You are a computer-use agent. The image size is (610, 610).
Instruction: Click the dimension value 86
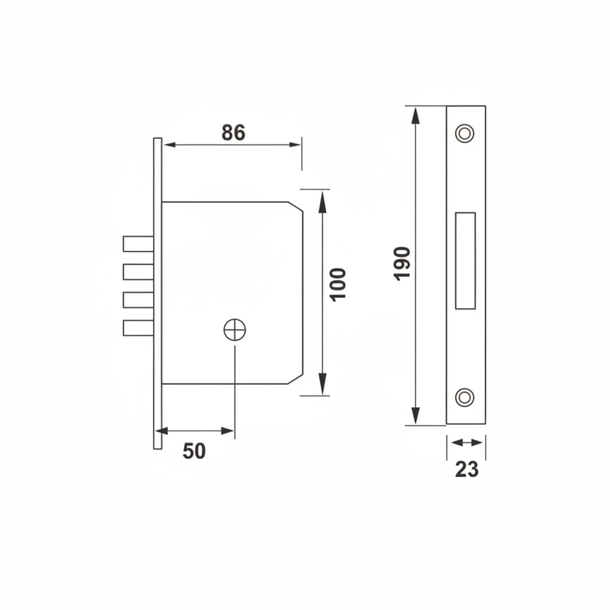(x=233, y=132)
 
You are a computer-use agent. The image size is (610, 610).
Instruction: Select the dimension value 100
(x=338, y=285)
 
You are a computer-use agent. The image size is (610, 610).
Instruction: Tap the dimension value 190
(x=402, y=263)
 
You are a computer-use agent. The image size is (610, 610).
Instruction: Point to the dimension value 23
(x=466, y=469)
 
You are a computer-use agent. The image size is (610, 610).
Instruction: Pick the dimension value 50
(x=194, y=452)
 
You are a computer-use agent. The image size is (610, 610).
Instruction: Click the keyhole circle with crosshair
(x=235, y=329)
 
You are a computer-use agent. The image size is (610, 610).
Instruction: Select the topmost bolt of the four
(x=138, y=244)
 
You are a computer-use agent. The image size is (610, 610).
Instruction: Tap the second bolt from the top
(x=138, y=272)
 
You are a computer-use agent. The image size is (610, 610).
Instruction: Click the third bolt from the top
(x=138, y=300)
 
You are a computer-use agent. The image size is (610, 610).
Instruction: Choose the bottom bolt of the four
(x=138, y=328)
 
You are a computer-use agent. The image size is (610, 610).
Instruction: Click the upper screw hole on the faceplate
(x=465, y=133)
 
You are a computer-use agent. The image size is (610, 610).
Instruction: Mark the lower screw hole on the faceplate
(x=465, y=397)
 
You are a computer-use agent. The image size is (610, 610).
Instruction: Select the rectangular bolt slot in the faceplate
(x=465, y=261)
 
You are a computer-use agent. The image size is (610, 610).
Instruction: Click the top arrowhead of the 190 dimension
(x=415, y=114)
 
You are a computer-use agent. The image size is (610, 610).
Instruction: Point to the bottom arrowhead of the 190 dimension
(x=415, y=417)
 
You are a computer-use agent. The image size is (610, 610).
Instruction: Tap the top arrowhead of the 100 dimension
(x=322, y=201)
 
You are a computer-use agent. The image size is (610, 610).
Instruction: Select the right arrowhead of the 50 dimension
(x=228, y=431)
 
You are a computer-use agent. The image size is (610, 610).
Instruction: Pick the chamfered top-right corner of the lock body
(x=295, y=206)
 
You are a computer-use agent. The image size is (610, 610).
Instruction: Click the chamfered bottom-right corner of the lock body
(x=295, y=379)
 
